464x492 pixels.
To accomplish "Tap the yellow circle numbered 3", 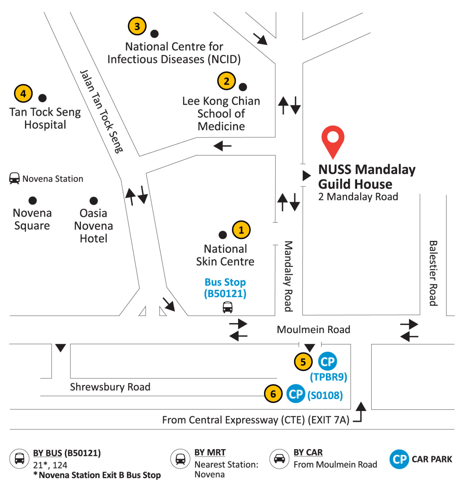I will click(137, 26).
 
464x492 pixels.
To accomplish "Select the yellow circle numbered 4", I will click(23, 94).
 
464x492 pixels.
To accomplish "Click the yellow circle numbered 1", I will click(241, 230).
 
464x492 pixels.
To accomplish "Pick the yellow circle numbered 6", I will click(273, 394).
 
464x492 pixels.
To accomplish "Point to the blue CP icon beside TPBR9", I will click(327, 361).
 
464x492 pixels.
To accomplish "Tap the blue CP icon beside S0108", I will click(296, 394).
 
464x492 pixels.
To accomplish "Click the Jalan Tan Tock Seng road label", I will click(101, 111).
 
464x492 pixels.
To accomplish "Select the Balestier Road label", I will click(433, 273).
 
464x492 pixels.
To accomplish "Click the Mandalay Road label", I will click(288, 276).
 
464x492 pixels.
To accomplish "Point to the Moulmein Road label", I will click(313, 330).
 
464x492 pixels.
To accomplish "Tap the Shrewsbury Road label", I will click(110, 387).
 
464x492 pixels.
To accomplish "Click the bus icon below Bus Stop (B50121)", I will click(228, 307).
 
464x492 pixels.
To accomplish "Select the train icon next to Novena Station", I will click(14, 178).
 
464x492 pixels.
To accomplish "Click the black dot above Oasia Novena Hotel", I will click(93, 201).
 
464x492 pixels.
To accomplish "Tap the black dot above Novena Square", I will click(32, 201).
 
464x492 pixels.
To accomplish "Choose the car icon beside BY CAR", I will click(279, 459).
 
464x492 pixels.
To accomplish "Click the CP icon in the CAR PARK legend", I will click(399, 459).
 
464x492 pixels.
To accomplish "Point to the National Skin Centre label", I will click(225, 255).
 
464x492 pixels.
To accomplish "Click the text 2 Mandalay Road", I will click(358, 197).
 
